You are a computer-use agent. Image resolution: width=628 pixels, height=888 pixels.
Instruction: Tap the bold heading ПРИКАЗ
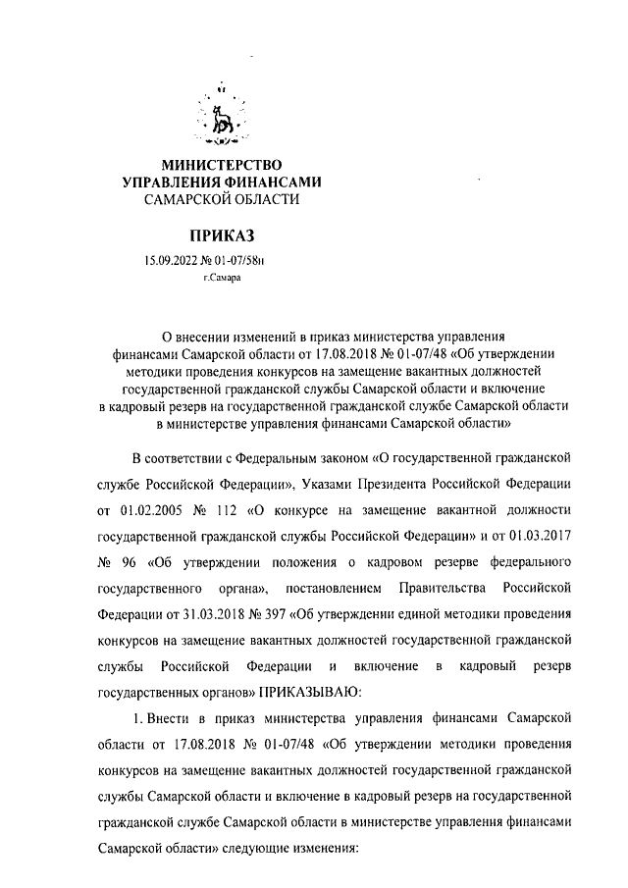coord(221,236)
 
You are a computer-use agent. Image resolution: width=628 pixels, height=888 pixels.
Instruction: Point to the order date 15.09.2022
coord(170,261)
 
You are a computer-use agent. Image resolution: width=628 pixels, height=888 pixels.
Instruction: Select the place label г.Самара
coord(221,279)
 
